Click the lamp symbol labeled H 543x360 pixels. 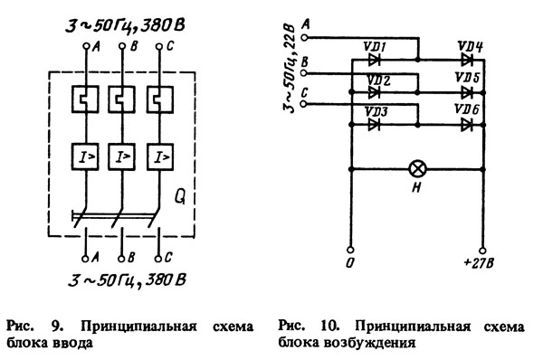(x=417, y=169)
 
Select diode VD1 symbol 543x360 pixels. (x=374, y=60)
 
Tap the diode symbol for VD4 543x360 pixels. (x=468, y=60)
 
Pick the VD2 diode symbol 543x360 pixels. (x=374, y=92)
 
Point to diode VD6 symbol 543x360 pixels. (x=468, y=125)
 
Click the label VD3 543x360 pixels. (x=376, y=111)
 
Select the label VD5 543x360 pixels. (x=468, y=78)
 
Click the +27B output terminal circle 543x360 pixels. (x=482, y=251)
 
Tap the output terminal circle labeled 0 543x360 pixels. (x=350, y=250)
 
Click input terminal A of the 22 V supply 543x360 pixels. (x=304, y=37)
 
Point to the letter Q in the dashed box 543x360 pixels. (x=180, y=197)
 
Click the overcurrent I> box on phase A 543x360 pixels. (x=85, y=157)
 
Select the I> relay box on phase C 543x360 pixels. (x=160, y=157)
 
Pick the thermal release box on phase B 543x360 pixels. (x=121, y=99)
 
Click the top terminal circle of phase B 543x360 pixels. (x=122, y=46)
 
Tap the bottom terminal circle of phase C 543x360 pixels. (x=157, y=259)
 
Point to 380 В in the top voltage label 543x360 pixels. (x=162, y=25)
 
